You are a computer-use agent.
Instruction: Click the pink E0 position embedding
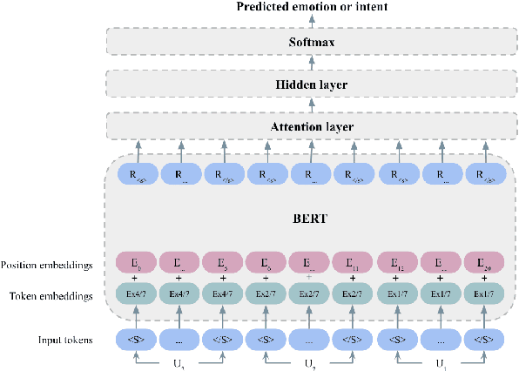137,262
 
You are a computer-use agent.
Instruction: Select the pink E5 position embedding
267,262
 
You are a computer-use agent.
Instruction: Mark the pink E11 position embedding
354,262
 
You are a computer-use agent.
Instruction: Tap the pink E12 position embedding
398,262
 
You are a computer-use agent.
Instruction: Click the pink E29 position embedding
485,262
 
